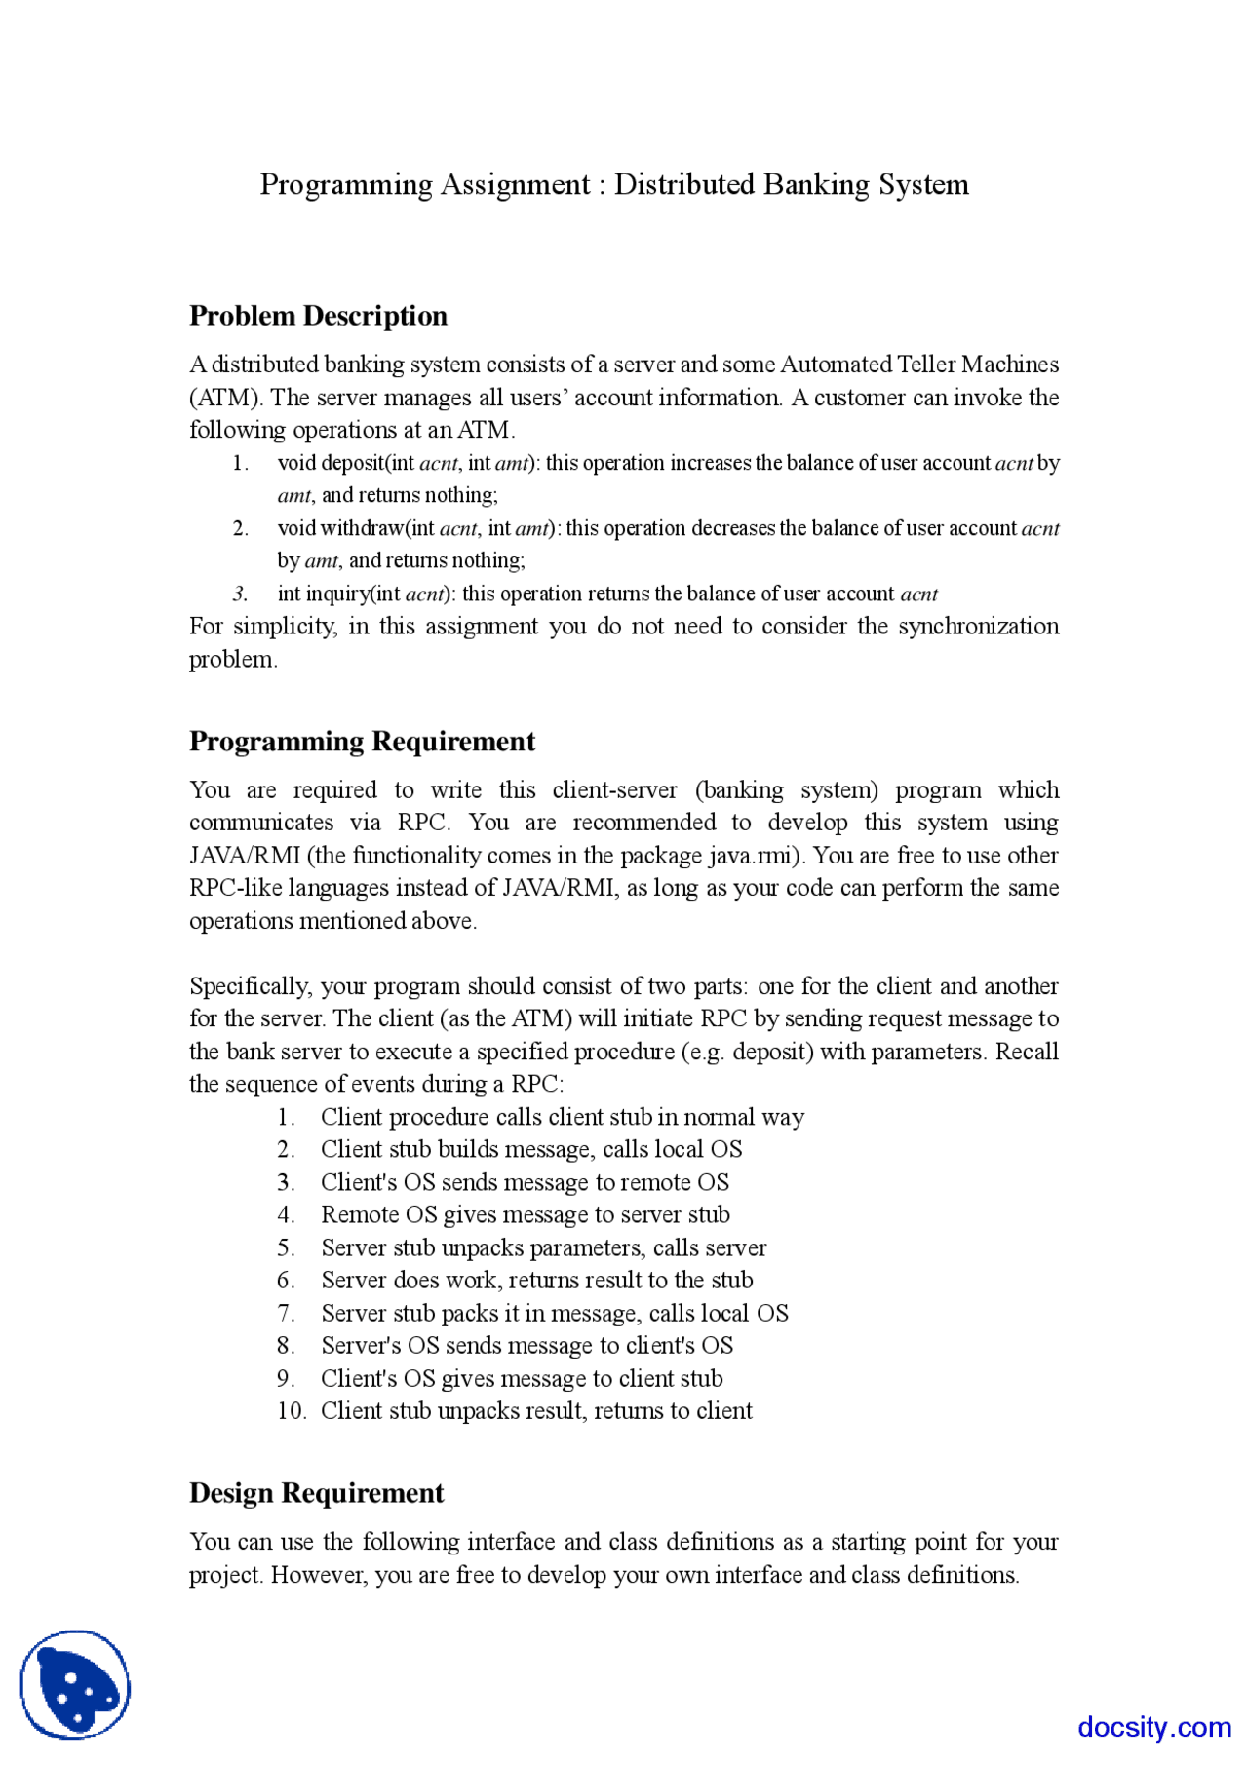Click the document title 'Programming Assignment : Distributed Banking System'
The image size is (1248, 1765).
(x=614, y=184)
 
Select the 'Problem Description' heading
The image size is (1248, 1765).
(x=318, y=316)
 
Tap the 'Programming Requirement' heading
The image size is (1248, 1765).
(x=362, y=742)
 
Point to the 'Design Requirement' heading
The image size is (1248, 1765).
(x=316, y=1493)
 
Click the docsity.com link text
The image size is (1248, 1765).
(x=1153, y=1727)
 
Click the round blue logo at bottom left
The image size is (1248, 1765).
(x=75, y=1684)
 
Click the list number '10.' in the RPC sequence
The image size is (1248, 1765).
(x=291, y=1411)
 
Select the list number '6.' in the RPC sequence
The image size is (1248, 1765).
(x=286, y=1281)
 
